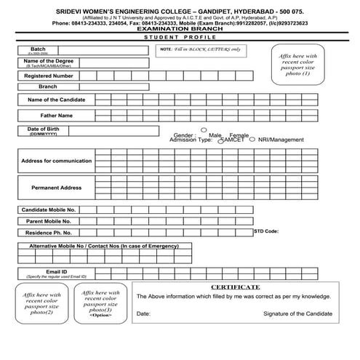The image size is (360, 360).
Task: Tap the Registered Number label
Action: [49, 75]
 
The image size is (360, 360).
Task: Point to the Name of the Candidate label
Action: [56, 99]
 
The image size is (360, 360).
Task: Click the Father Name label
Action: [56, 115]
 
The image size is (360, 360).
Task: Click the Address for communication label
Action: [57, 160]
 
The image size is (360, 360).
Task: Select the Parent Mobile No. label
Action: [48, 220]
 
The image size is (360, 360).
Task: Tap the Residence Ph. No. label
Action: [48, 232]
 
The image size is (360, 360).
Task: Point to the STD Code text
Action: [266, 231]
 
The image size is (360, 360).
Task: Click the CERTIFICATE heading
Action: [235, 287]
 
